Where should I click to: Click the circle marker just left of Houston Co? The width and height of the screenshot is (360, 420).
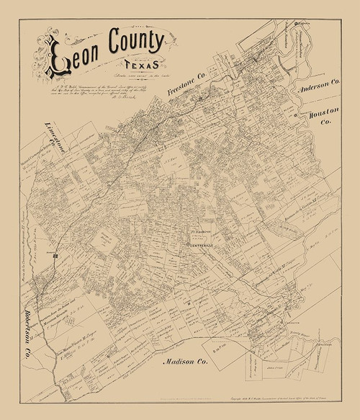coord(295,115)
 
